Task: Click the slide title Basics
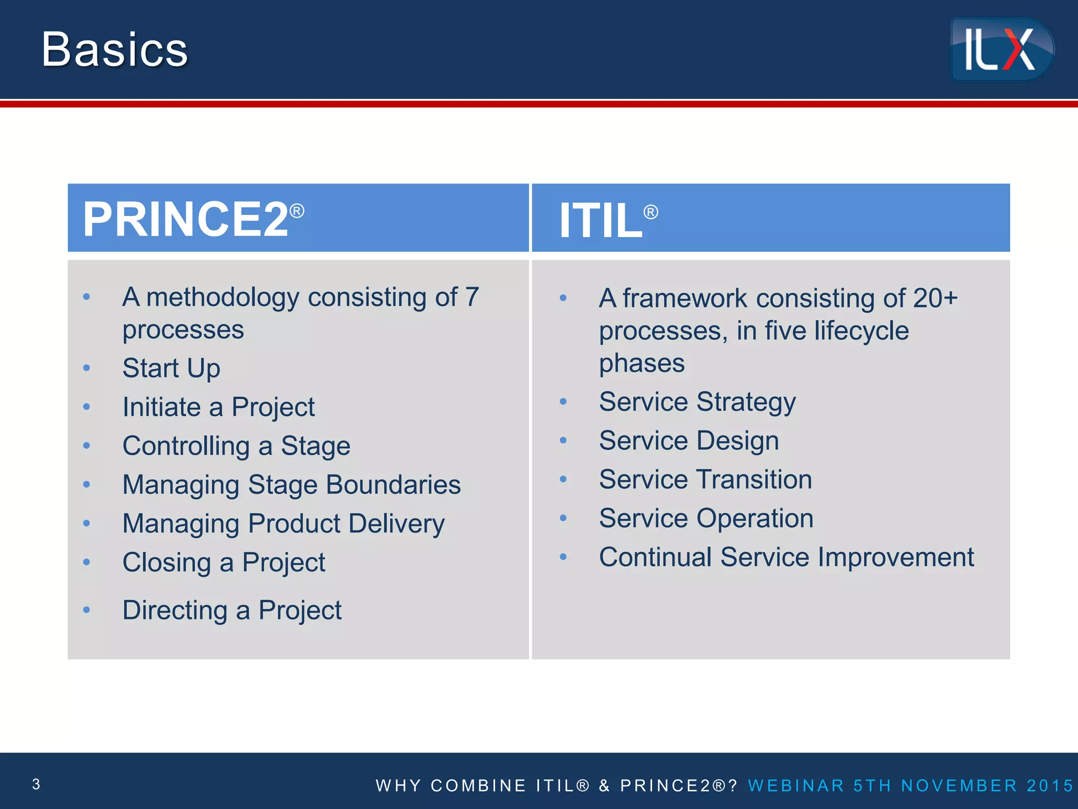click(x=115, y=50)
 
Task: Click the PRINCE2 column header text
click(x=185, y=220)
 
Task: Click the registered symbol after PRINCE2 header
click(x=297, y=211)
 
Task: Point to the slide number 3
click(x=36, y=784)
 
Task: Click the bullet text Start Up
click(x=171, y=368)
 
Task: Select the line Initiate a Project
click(x=218, y=407)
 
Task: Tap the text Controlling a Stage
click(x=236, y=446)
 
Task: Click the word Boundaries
click(x=393, y=485)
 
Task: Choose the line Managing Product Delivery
click(x=283, y=524)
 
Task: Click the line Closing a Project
click(x=224, y=563)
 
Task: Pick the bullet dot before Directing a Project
click(x=87, y=610)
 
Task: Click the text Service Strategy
click(x=697, y=402)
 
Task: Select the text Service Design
click(x=688, y=441)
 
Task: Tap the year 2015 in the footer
click(x=1050, y=785)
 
